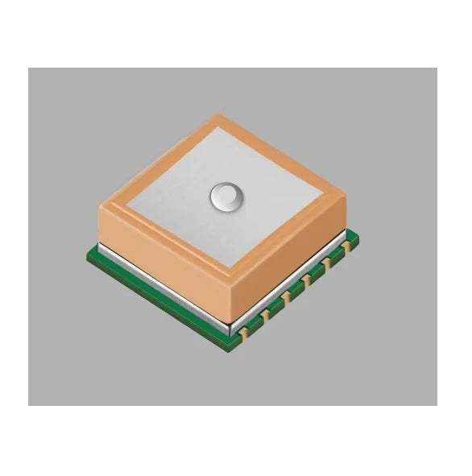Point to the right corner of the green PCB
(x=357, y=238)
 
